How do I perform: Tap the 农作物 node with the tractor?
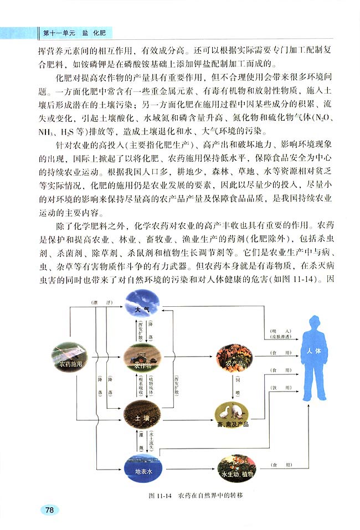[142, 357]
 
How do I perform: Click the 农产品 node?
[234, 358]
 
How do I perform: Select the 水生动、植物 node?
[236, 469]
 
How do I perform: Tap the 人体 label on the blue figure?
[313, 351]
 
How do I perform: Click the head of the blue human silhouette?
[315, 323]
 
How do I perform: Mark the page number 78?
[49, 510]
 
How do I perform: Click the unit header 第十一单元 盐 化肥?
[74, 33]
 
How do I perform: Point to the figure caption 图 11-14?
[161, 496]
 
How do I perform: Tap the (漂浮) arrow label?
[102, 302]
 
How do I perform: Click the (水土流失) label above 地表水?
[151, 441]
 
